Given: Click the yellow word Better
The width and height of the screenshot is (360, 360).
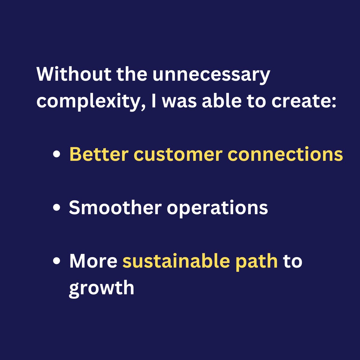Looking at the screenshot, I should point(99,154).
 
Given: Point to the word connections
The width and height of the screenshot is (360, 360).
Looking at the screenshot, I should point(285,155).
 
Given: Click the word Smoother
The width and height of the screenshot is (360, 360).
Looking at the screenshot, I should point(115,208).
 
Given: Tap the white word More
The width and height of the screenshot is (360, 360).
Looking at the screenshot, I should point(93,261).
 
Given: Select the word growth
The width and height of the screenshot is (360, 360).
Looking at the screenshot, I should point(101,288).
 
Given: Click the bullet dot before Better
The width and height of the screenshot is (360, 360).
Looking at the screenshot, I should point(56,155).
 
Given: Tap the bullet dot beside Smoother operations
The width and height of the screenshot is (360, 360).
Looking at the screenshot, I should point(56,208).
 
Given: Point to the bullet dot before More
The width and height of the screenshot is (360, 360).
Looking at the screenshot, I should point(56,261).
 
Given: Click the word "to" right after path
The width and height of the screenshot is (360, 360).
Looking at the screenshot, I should point(293,261).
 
